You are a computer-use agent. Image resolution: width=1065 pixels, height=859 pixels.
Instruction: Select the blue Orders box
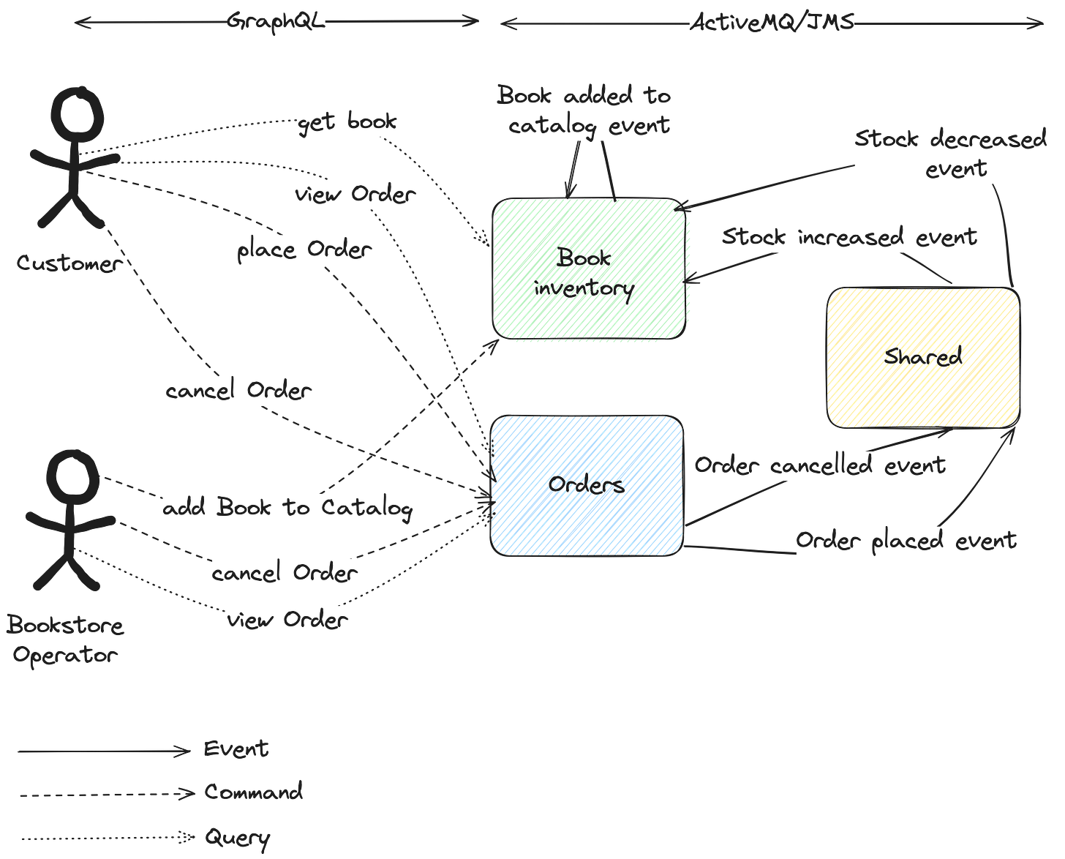click(586, 485)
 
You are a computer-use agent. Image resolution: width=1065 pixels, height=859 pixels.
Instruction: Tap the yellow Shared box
click(923, 356)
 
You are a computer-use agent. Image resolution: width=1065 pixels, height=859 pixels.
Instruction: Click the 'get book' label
click(347, 122)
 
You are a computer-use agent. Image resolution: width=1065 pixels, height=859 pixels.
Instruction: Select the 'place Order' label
click(304, 250)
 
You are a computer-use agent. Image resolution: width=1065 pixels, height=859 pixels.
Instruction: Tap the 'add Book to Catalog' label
click(287, 508)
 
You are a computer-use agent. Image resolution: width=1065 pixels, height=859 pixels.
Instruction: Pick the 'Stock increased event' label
click(849, 237)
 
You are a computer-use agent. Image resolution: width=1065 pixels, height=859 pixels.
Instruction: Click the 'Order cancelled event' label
click(820, 465)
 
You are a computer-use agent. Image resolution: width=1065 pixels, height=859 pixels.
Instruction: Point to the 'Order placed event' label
click(906, 541)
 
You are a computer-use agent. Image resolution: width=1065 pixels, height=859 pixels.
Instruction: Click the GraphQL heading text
click(275, 21)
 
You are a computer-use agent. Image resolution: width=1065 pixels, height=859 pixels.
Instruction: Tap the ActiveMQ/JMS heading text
click(772, 23)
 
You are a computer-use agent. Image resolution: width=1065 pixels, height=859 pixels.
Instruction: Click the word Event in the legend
click(236, 749)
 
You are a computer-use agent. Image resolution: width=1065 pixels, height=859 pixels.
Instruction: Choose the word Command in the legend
click(253, 792)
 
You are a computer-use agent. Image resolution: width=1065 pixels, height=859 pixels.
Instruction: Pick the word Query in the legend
click(238, 837)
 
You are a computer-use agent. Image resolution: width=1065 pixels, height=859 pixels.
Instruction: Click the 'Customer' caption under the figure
click(67, 263)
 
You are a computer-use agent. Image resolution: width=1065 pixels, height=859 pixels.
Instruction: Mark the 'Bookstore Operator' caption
click(65, 639)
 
